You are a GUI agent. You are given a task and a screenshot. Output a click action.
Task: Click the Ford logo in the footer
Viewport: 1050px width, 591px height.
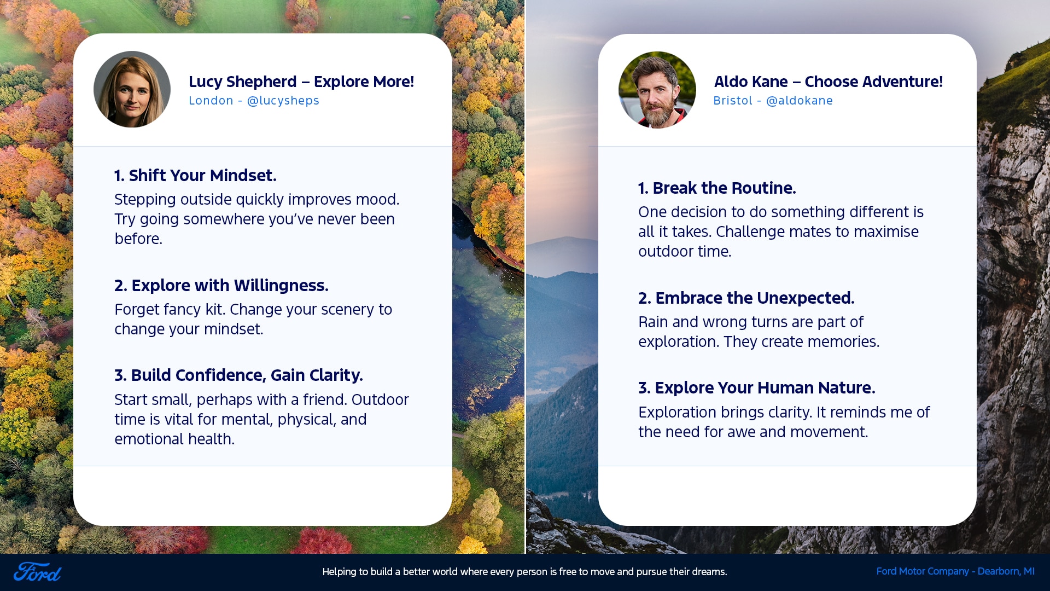tap(37, 572)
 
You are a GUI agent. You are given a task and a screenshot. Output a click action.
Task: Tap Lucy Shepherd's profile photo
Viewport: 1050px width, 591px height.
tap(132, 89)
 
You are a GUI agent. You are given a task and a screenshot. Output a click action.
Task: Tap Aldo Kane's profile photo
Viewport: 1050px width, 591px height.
tap(657, 90)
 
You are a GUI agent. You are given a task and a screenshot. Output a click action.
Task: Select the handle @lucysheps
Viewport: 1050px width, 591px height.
tap(283, 101)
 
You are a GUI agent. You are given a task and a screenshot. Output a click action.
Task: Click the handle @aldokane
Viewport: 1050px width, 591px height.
tap(800, 101)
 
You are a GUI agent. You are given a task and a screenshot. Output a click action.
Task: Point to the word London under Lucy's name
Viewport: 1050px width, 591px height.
tap(211, 101)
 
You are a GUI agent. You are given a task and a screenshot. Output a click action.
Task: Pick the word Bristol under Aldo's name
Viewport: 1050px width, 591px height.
tap(733, 101)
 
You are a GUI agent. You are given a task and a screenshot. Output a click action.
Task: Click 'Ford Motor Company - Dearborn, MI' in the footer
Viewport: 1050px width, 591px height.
tap(955, 571)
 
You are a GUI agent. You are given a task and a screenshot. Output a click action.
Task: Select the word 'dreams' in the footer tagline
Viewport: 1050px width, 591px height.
tap(708, 572)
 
